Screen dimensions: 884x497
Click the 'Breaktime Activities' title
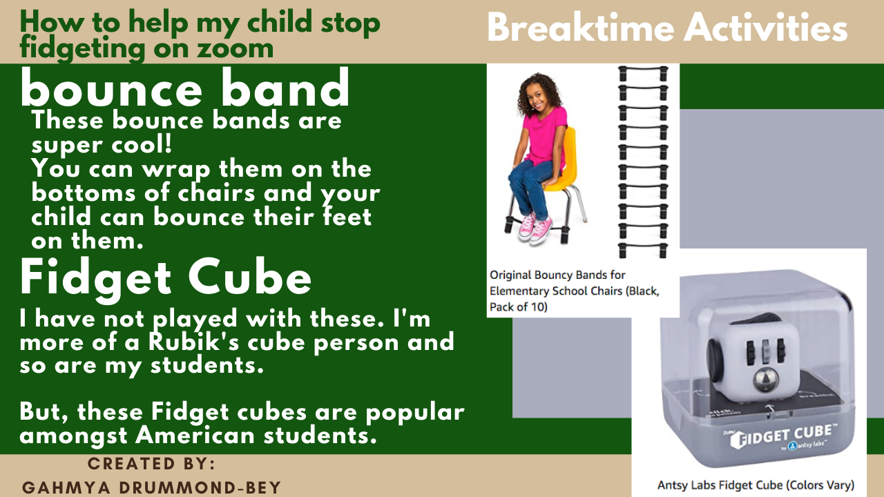coord(667,28)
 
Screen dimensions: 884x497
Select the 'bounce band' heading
coord(184,87)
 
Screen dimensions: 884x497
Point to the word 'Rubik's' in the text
coord(194,342)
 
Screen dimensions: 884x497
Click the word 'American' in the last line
coord(195,436)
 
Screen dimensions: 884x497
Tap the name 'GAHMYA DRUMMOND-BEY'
coord(151,487)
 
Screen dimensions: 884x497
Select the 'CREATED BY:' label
coord(151,463)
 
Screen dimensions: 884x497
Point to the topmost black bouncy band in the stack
coord(643,72)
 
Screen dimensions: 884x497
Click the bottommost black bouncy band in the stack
coord(643,251)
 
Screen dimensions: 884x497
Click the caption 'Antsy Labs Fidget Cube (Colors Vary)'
coord(756,485)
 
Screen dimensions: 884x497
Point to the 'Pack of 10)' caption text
coord(519,307)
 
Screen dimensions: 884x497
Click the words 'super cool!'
coord(102,145)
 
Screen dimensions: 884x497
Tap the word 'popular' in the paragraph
coord(415,413)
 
